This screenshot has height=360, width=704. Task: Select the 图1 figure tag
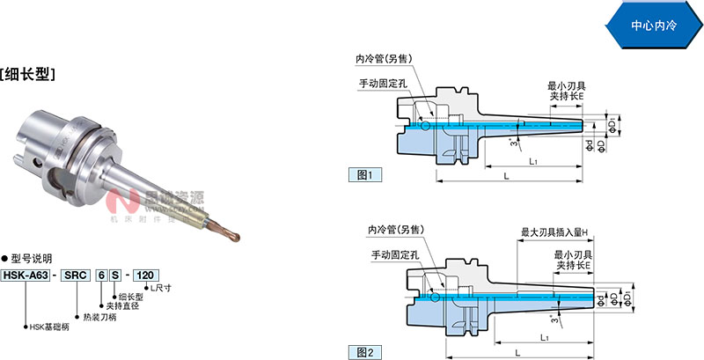click(363, 174)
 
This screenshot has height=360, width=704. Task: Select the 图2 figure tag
click(363, 352)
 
